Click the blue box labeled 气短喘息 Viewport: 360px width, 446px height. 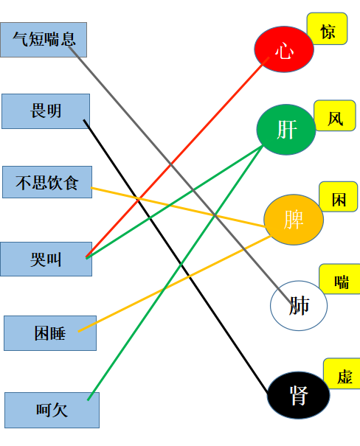(x=44, y=40)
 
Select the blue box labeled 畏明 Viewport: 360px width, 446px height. (x=46, y=111)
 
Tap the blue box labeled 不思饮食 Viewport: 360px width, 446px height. (x=47, y=182)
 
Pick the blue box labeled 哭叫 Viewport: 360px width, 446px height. (x=46, y=259)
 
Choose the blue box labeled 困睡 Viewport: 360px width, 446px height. (x=50, y=333)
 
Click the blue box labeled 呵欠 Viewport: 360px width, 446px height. (x=52, y=410)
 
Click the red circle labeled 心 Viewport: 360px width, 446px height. (x=284, y=49)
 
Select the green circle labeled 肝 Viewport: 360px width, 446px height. (x=286, y=130)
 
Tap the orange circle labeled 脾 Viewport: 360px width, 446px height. (x=294, y=220)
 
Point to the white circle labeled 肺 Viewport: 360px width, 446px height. (x=299, y=306)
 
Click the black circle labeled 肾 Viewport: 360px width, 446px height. (x=299, y=395)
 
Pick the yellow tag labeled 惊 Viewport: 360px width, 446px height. (x=327, y=29)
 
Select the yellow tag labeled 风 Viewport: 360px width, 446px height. (x=335, y=116)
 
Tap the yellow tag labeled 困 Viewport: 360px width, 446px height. (x=339, y=197)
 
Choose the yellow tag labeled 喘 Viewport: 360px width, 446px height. (x=340, y=279)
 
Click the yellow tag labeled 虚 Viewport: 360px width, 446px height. (x=342, y=374)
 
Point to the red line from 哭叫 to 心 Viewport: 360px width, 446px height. (x=177, y=157)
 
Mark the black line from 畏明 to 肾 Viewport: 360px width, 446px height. (x=176, y=257)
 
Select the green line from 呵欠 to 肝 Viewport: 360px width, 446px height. (x=175, y=273)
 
